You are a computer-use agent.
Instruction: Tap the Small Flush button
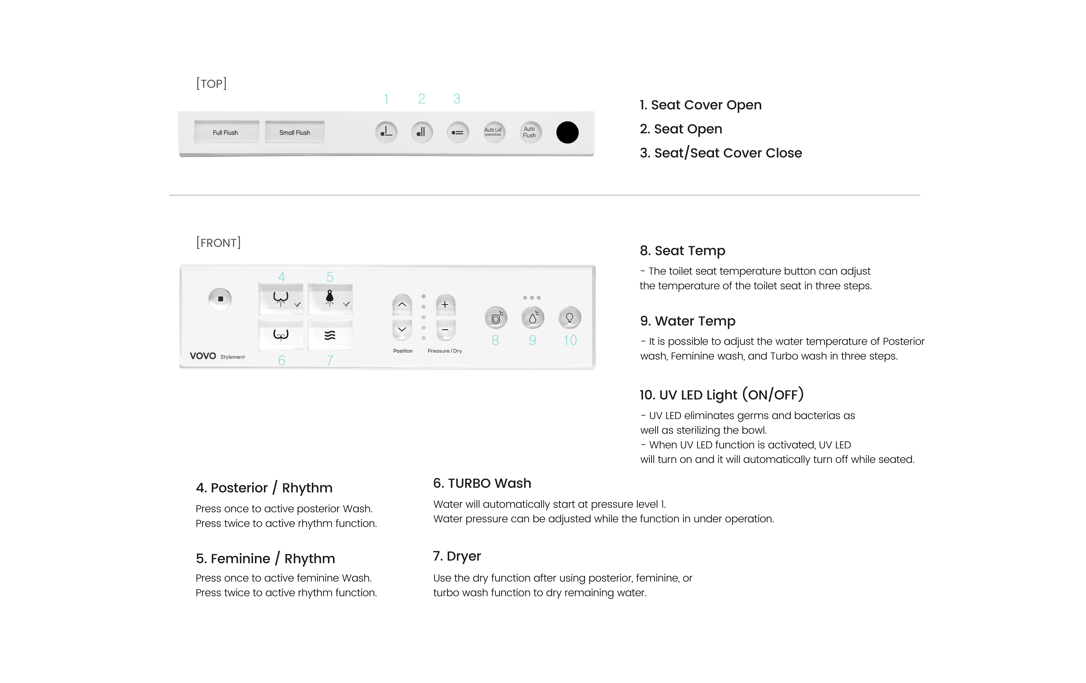tap(295, 132)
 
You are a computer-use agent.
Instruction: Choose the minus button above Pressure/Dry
tap(445, 330)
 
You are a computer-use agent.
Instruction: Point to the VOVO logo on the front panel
tap(203, 356)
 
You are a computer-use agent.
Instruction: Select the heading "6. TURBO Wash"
tap(482, 483)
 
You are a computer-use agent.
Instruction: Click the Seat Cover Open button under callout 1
tap(386, 132)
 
